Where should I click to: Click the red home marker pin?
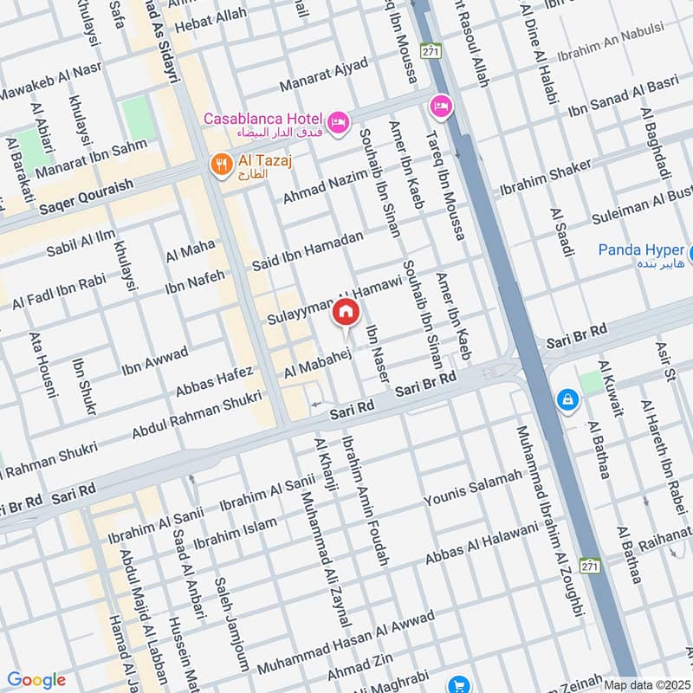(x=346, y=312)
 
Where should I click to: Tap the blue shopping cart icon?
(x=459, y=685)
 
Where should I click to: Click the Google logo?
(x=36, y=680)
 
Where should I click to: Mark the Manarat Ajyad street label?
(x=324, y=75)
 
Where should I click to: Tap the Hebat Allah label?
(x=210, y=23)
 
